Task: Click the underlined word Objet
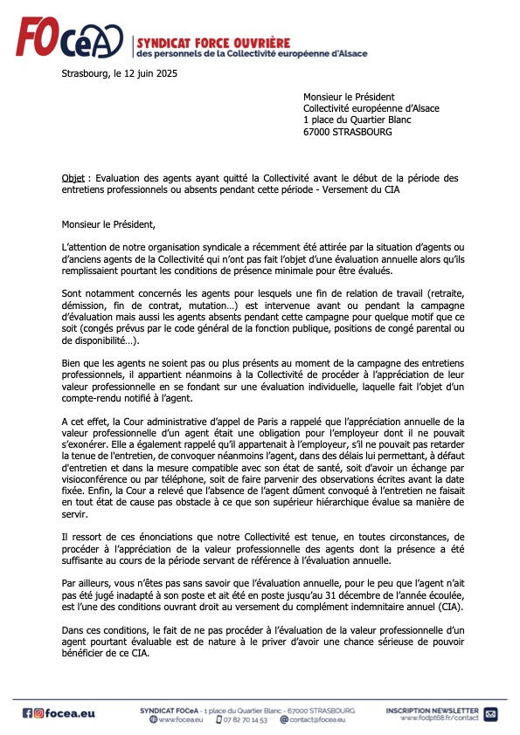click(x=73, y=178)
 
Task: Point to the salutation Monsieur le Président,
click(x=107, y=225)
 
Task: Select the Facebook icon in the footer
click(x=27, y=712)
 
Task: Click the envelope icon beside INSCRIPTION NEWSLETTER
click(x=489, y=713)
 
